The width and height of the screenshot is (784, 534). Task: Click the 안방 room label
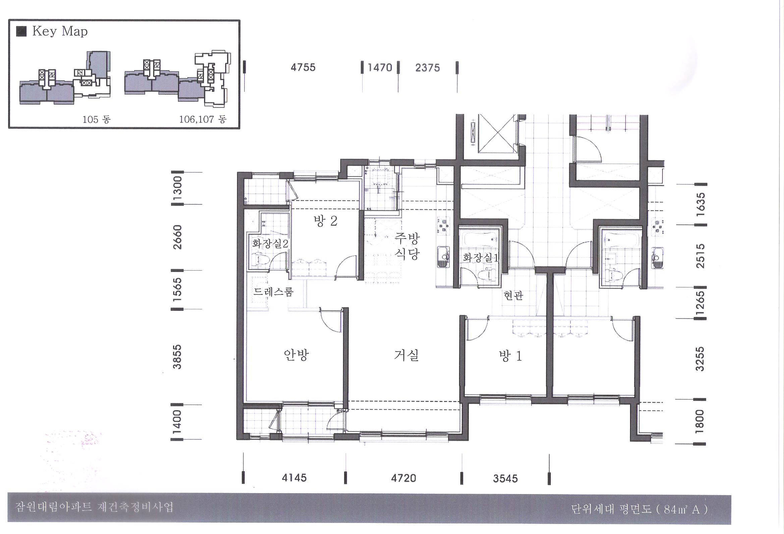tap(296, 355)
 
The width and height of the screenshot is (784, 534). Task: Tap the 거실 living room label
tap(406, 355)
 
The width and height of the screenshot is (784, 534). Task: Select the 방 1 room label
tap(510, 356)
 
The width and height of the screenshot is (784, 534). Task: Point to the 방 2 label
tap(325, 221)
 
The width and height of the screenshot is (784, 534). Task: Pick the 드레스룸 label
tap(274, 291)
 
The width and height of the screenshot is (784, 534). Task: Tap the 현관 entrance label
tap(513, 296)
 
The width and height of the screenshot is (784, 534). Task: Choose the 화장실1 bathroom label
tap(481, 258)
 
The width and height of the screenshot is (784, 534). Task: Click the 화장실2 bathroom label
tap(270, 244)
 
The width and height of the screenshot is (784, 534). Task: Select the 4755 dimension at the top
tap(303, 67)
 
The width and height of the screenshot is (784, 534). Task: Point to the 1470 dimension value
tap(380, 68)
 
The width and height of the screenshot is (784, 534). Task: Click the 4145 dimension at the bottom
tap(294, 478)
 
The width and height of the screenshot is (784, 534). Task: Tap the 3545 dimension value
tap(505, 478)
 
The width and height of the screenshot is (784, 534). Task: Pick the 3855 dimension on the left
tap(177, 357)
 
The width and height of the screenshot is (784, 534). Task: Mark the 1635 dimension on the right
tap(701, 204)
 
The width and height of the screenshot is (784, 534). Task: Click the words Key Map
tap(60, 32)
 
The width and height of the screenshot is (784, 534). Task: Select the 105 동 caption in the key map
tap(97, 119)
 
